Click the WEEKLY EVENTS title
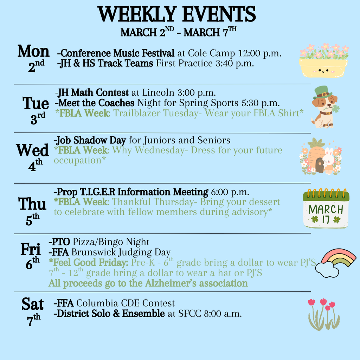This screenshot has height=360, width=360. pyautogui.click(x=177, y=14)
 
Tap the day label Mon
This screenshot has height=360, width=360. pyautogui.click(x=33, y=52)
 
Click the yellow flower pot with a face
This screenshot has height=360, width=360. pyautogui.click(x=323, y=67)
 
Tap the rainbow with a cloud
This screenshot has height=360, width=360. pyautogui.click(x=335, y=262)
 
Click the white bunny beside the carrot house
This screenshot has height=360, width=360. pyautogui.click(x=328, y=161)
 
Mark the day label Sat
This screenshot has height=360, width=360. pyautogui.click(x=33, y=304)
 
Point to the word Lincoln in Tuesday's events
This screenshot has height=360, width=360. pyautogui.click(x=158, y=93)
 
